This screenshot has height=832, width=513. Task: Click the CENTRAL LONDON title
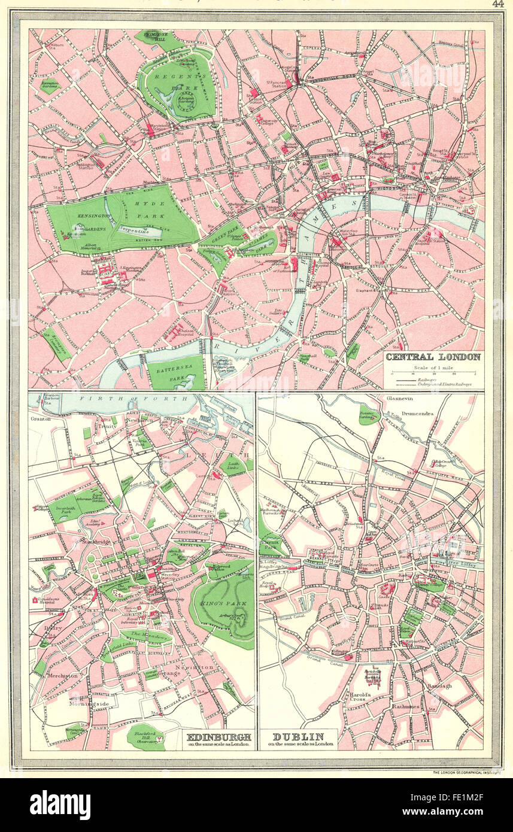tap(432, 357)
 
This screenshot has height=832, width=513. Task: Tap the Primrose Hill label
tap(157, 35)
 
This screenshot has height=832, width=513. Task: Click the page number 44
tap(497, 4)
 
